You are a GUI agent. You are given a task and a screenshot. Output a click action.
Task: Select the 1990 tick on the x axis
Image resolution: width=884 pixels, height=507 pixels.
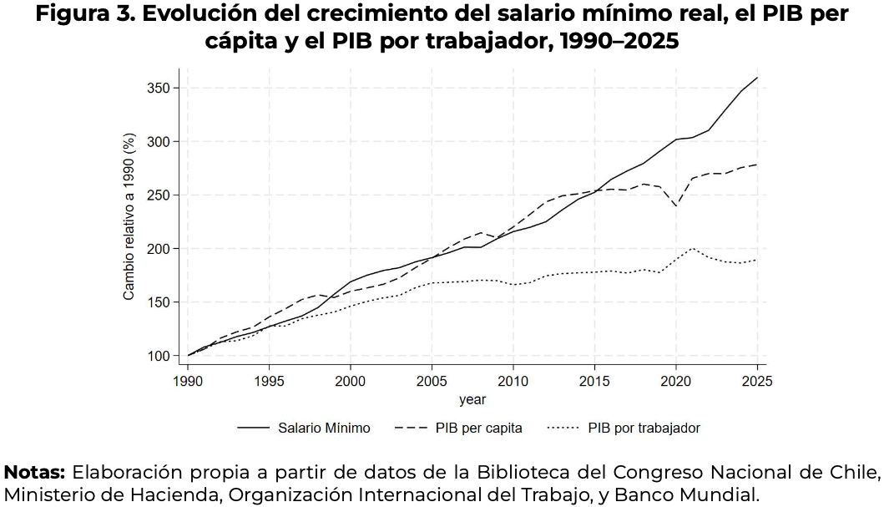(x=188, y=381)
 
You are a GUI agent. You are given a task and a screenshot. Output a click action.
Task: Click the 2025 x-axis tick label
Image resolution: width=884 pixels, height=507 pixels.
(x=756, y=381)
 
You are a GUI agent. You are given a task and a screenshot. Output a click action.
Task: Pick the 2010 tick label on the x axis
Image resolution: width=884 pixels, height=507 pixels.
(x=513, y=381)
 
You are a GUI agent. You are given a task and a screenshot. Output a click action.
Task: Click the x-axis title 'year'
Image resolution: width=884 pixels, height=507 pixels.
(x=472, y=400)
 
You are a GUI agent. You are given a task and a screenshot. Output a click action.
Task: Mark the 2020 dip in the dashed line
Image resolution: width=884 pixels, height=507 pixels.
(x=675, y=205)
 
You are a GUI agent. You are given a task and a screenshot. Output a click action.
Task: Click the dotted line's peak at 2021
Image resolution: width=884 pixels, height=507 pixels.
(x=692, y=248)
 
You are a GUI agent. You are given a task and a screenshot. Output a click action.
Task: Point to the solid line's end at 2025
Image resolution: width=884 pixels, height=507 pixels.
(x=756, y=78)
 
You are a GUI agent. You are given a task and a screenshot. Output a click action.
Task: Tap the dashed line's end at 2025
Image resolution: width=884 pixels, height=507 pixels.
(x=756, y=165)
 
